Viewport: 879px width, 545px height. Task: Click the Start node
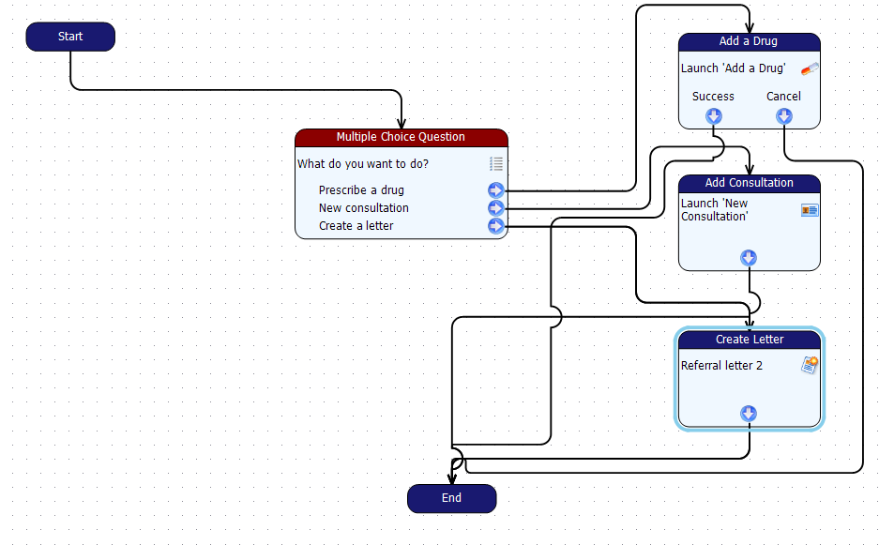[70, 37]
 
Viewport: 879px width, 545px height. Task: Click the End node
[451, 498]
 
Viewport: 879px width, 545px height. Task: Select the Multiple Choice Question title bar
[401, 137]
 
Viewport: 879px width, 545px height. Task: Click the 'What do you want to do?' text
[363, 164]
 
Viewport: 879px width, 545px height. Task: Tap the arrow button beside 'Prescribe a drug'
[495, 190]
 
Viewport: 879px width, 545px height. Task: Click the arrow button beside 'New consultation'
[495, 208]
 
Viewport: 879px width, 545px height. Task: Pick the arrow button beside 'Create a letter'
[495, 226]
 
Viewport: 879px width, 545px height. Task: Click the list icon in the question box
[496, 164]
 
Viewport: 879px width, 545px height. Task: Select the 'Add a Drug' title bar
[749, 41]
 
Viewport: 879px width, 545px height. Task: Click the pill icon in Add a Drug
[810, 68]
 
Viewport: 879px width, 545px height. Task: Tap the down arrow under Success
[713, 116]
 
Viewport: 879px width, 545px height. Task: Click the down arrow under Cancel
[783, 116]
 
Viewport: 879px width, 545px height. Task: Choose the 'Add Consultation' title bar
[749, 183]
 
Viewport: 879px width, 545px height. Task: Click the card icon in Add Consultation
[810, 210]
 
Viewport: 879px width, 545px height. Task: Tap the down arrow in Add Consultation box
[749, 258]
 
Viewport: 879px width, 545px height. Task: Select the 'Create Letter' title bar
[749, 339]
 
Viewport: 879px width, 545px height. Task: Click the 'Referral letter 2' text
[721, 366]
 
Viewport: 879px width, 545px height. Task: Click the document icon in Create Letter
[810, 365]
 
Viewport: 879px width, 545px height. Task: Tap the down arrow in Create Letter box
[749, 414]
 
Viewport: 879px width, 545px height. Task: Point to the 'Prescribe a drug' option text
[361, 190]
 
